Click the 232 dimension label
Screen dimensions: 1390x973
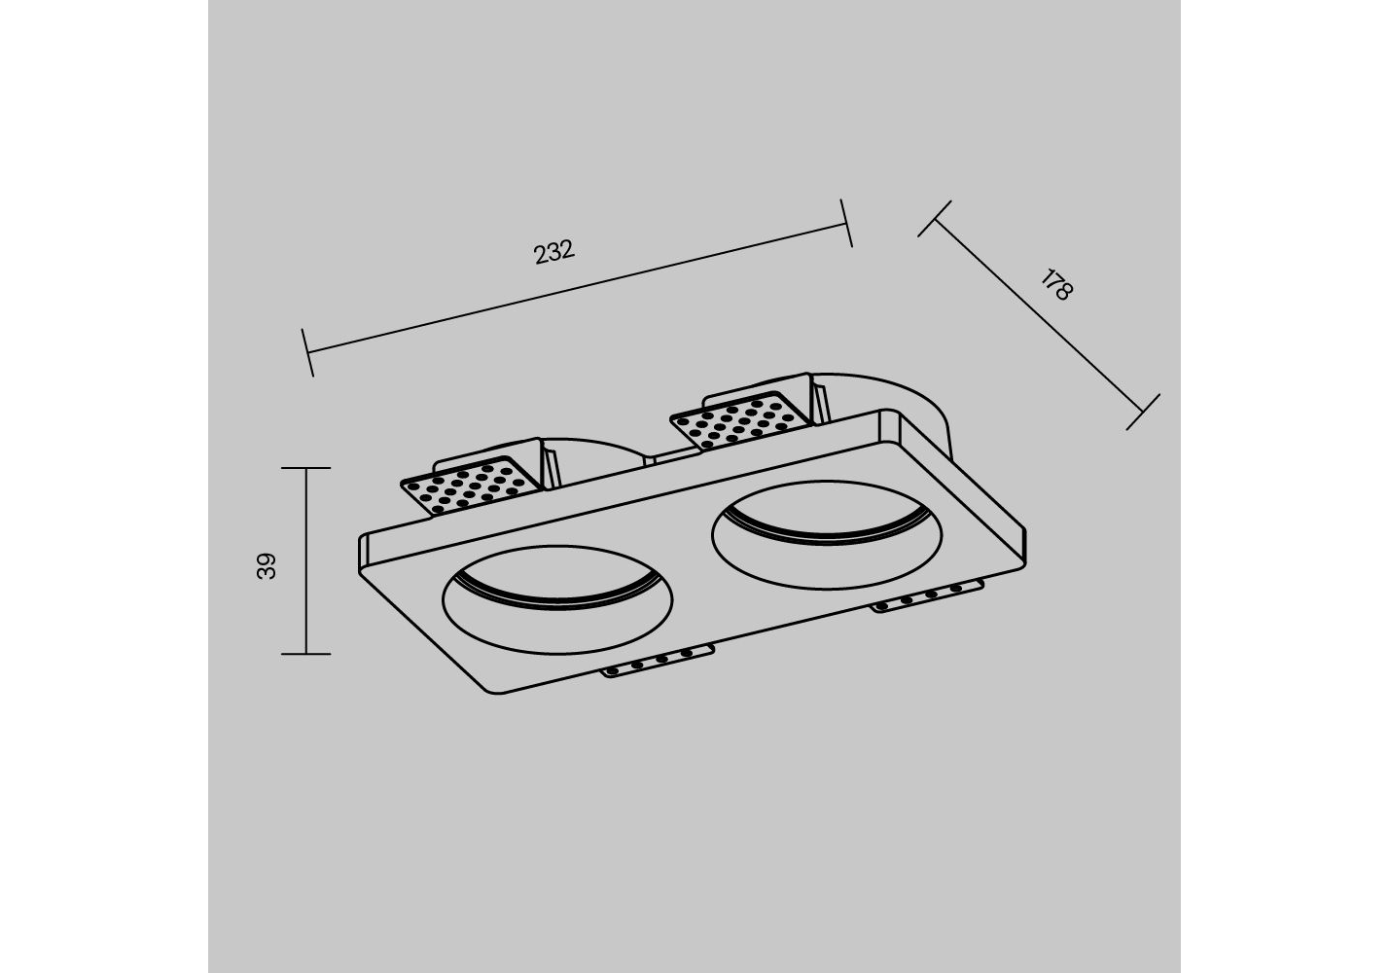point(554,252)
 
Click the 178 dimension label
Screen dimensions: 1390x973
point(1056,285)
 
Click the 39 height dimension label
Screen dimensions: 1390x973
point(267,566)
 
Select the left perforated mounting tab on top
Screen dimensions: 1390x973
point(472,486)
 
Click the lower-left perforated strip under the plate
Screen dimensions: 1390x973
point(658,661)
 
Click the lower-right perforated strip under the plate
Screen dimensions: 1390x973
point(927,596)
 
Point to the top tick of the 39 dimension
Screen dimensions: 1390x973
point(306,468)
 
